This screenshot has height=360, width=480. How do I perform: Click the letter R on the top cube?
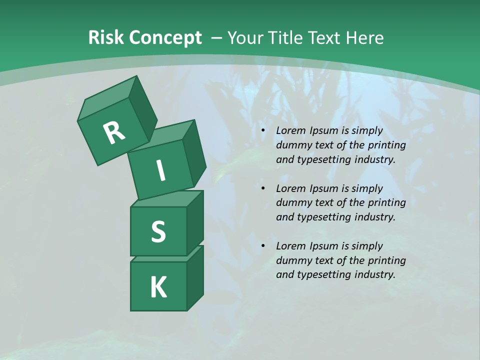114,132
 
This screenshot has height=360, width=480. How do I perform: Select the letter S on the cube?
158,231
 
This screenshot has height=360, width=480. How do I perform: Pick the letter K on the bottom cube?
158,287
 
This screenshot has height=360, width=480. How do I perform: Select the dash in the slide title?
216,38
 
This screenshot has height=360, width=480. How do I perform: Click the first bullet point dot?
263,131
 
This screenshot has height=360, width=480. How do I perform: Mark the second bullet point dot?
263,189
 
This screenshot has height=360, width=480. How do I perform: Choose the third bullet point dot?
263,246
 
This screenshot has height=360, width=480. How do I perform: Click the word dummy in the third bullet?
291,260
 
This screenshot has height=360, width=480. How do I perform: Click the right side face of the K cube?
195,277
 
